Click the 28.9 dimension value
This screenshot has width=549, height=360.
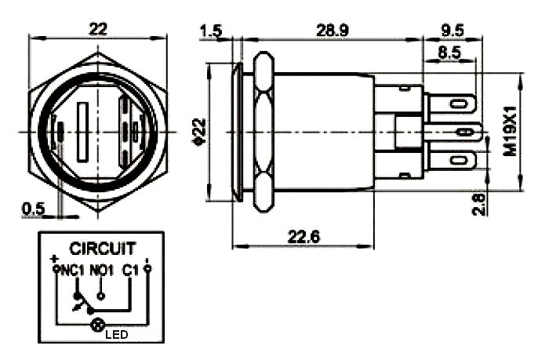tap(332, 31)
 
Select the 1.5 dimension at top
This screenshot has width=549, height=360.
tap(211, 31)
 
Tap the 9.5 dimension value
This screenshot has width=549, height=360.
tap(453, 31)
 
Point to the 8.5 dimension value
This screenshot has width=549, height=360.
tap(449, 55)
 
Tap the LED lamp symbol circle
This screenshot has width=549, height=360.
tap(98, 325)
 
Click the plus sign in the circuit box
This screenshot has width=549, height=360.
tap(54, 258)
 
